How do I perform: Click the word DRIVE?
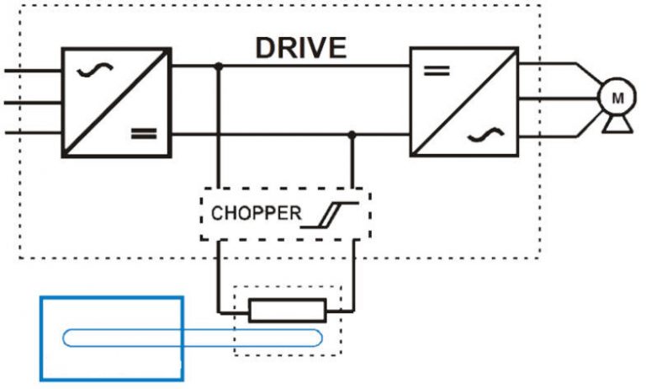click(x=301, y=48)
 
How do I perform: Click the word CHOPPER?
click(x=256, y=213)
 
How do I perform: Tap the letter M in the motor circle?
click(x=617, y=98)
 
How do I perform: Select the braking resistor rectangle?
click(x=287, y=310)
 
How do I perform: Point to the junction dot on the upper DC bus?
click(x=220, y=65)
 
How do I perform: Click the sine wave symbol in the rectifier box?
click(x=88, y=71)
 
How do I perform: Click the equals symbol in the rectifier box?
click(x=144, y=132)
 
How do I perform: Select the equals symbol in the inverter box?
click(x=435, y=71)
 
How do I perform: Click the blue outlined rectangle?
click(x=112, y=338)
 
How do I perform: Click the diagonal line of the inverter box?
click(x=463, y=102)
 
